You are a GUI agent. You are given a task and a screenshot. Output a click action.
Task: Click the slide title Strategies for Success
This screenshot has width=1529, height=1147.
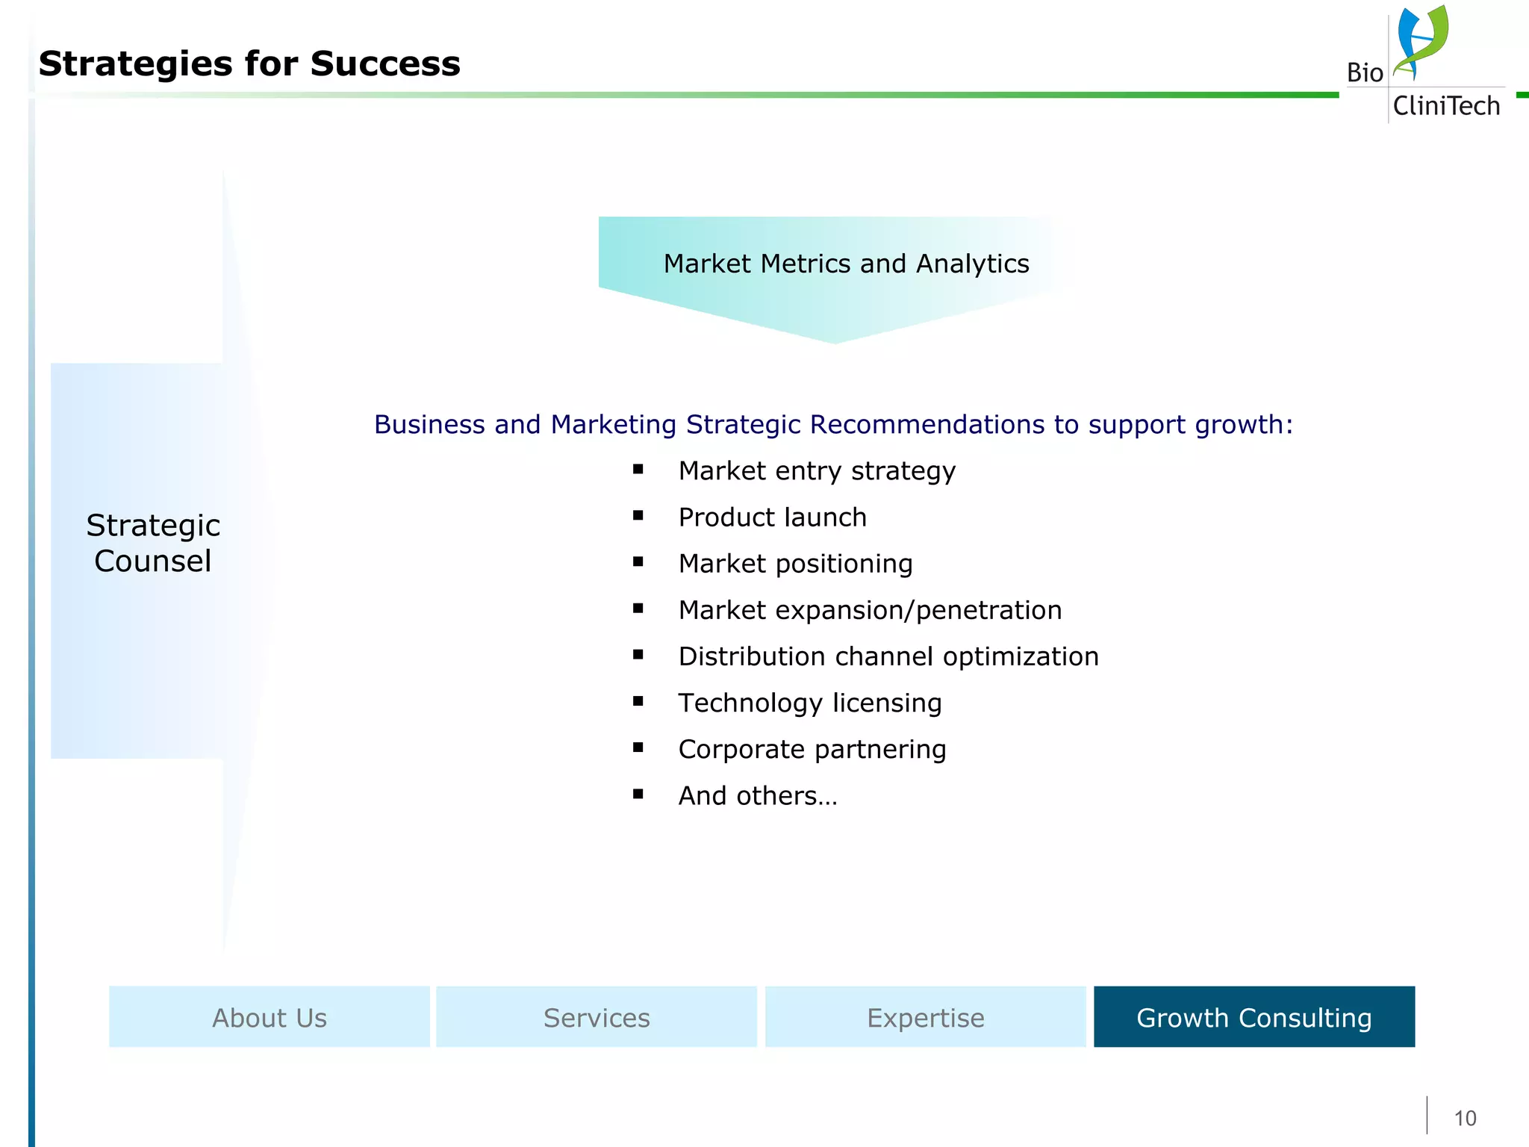[249, 64]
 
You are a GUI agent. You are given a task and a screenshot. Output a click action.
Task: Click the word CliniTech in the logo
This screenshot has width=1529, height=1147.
[1446, 106]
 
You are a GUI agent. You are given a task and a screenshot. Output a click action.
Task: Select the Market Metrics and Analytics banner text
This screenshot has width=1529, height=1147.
[846, 264]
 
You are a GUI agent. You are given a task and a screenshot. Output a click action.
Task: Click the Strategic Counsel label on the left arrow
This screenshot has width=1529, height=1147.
[153, 543]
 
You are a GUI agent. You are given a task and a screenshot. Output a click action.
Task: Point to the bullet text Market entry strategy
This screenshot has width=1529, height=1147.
[817, 471]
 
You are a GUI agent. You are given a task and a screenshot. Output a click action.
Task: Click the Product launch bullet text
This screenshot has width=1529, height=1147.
[772, 517]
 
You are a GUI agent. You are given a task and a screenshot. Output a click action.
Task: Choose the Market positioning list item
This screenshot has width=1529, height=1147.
[795, 564]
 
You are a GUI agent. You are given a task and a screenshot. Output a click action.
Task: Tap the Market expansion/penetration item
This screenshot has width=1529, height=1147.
[870, 610]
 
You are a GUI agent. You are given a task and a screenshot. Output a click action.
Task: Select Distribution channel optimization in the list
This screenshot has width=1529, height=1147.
[888, 656]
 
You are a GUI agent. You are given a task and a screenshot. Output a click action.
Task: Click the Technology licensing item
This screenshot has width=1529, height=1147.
[809, 703]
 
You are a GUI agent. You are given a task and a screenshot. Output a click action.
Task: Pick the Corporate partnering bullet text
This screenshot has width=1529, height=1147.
[812, 749]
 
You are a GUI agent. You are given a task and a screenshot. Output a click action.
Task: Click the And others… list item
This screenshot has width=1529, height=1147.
[757, 796]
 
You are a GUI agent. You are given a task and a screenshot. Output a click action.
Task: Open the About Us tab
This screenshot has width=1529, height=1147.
[270, 1017]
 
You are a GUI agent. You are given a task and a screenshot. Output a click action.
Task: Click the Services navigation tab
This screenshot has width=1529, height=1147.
[597, 1017]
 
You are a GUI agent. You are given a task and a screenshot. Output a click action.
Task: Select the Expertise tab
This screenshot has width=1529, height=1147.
[925, 1017]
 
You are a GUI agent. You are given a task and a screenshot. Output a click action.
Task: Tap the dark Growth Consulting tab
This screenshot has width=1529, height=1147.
[1254, 1017]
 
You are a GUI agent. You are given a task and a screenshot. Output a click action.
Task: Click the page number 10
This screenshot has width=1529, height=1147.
[1465, 1118]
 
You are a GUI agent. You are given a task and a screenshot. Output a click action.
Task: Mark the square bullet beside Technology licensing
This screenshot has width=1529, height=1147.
[638, 701]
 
